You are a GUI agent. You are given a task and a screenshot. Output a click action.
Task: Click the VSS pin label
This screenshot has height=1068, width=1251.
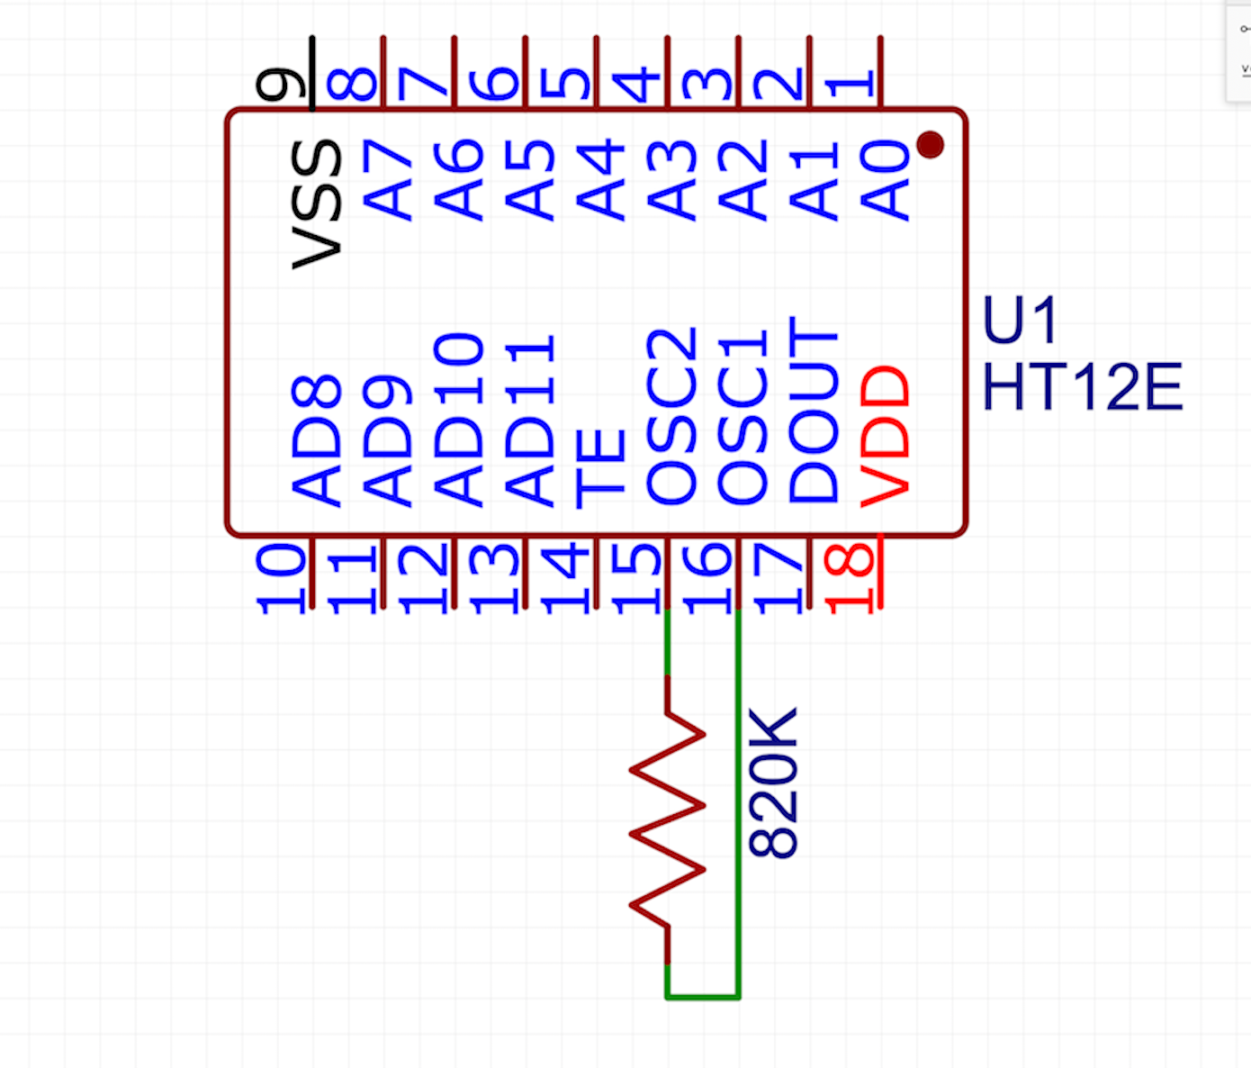[x=317, y=204]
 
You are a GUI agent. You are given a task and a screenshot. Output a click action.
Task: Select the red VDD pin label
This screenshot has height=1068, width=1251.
[x=886, y=437]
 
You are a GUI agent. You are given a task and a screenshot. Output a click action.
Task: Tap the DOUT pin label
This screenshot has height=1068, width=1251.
[x=814, y=410]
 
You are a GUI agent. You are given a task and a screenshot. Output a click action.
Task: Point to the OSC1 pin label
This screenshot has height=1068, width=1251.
[x=743, y=417]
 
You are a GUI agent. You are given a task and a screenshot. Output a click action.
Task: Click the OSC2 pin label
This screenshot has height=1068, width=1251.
[x=672, y=415]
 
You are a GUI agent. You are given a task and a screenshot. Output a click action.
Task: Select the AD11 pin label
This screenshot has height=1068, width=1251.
[x=530, y=420]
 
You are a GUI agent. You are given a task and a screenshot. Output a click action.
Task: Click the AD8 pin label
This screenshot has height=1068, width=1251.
[x=317, y=440]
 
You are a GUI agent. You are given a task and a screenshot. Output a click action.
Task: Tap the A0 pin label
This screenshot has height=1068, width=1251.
[x=886, y=180]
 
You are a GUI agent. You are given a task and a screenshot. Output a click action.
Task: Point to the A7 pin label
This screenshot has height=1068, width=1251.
[x=388, y=180]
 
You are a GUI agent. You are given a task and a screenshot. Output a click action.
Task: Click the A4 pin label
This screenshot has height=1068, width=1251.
[x=601, y=180]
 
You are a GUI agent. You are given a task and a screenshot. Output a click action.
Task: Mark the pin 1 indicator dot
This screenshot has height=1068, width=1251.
[x=930, y=144]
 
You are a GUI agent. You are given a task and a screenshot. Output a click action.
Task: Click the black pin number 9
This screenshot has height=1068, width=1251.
[x=281, y=84]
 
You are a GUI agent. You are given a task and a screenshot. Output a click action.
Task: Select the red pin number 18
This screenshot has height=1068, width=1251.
[x=850, y=577]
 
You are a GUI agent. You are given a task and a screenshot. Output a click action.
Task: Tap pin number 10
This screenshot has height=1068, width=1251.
[x=281, y=577]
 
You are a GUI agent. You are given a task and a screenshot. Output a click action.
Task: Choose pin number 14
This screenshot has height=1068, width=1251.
[x=565, y=577]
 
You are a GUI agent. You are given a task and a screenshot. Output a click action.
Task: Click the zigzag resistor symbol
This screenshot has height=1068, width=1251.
[x=668, y=819]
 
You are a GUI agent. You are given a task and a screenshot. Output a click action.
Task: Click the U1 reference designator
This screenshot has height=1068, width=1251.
[x=1020, y=321]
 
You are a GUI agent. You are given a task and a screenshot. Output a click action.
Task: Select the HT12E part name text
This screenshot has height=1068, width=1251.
[x=1082, y=387]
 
